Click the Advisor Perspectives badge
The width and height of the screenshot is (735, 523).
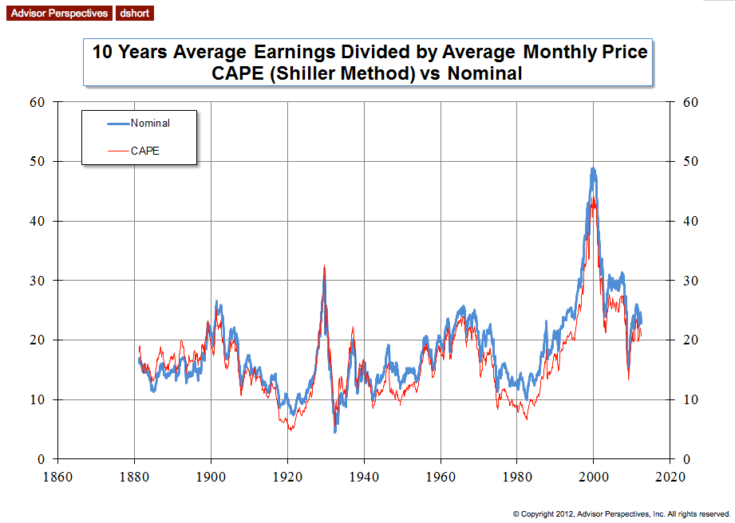point(57,13)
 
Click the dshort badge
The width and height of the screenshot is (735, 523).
point(134,13)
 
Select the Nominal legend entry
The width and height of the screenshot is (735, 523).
point(150,123)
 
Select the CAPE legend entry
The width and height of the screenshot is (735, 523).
point(145,149)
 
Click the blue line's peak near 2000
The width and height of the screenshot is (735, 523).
point(593,168)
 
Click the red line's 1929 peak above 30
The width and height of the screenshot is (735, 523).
point(324,266)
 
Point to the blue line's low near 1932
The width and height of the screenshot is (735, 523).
point(335,431)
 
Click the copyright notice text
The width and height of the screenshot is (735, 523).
point(621,513)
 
